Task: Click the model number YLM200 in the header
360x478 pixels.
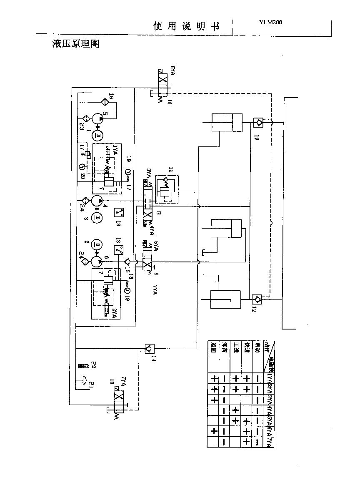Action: click(270, 23)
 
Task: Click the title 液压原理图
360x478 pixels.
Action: click(75, 44)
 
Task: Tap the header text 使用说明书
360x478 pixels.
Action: click(186, 26)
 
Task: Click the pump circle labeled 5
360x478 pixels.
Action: click(98, 118)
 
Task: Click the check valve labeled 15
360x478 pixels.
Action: click(127, 262)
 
